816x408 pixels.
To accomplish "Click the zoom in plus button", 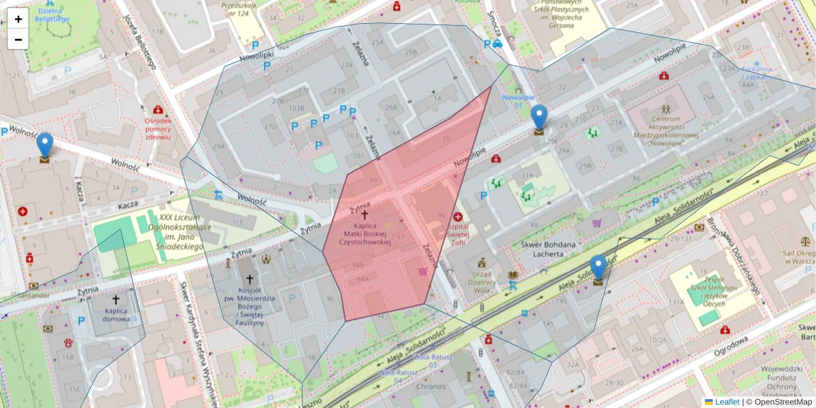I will pos(18,19).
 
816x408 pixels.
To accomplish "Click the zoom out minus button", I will pos(18,39).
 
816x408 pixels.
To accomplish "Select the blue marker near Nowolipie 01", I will pos(539,119).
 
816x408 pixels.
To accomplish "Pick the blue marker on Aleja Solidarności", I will pos(598,269).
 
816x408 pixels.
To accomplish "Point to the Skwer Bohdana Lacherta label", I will pos(548,249).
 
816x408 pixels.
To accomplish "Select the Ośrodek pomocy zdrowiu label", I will pos(158,129).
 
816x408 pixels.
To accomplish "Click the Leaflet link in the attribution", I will pos(727,402).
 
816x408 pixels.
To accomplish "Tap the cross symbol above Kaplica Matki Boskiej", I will pos(365,214).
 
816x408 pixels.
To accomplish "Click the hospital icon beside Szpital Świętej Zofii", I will pos(467,216).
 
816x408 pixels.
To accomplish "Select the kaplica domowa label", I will pos(116,314).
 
